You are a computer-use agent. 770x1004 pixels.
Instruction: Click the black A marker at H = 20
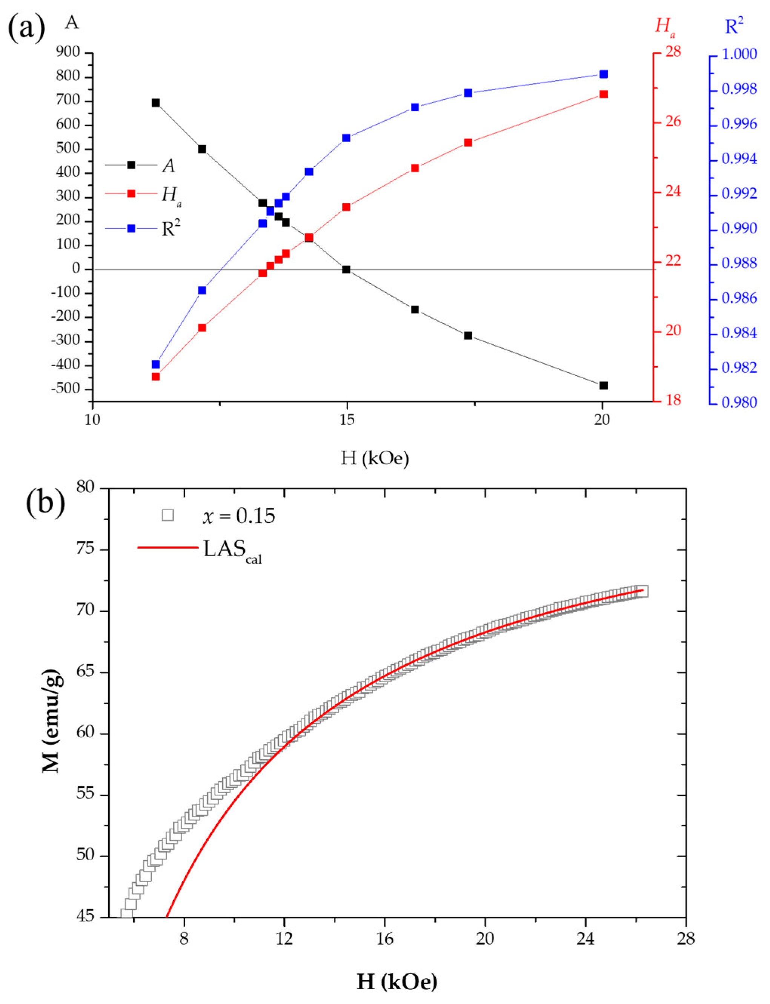point(603,385)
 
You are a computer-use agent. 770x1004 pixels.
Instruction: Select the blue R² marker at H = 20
point(603,74)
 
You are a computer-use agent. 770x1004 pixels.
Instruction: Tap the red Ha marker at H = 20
point(603,94)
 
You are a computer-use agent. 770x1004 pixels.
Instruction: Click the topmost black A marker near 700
point(156,103)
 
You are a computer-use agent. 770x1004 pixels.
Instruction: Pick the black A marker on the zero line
point(346,269)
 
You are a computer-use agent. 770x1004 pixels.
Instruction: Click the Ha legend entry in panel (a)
point(171,196)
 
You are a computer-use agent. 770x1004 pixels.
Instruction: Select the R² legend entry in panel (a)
point(171,228)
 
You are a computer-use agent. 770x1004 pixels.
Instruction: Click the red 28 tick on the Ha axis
point(672,52)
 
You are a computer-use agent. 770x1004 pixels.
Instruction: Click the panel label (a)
point(26,28)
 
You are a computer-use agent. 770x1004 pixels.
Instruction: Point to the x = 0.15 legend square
point(168,515)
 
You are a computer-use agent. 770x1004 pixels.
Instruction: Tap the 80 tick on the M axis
point(85,488)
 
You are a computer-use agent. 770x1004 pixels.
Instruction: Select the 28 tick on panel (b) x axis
point(685,938)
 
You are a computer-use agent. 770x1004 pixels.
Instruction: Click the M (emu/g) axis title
point(51,720)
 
